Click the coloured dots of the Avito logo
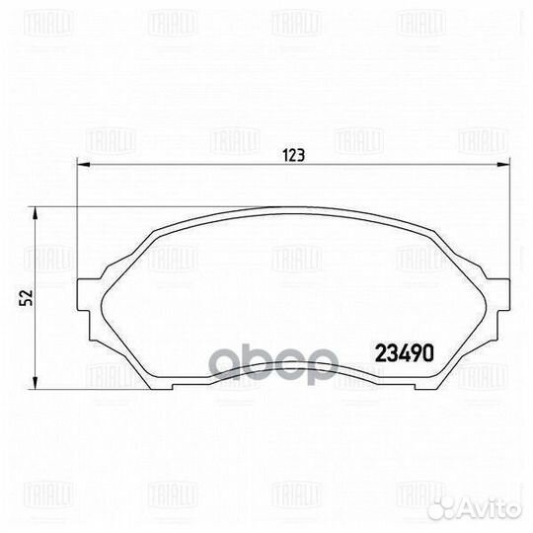tap(461, 508)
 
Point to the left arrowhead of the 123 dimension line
tap(80, 165)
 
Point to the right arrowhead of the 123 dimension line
tap(511, 165)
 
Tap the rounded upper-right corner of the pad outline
tap(435, 229)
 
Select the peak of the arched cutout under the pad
tap(295, 354)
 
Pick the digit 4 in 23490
tap(405, 350)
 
